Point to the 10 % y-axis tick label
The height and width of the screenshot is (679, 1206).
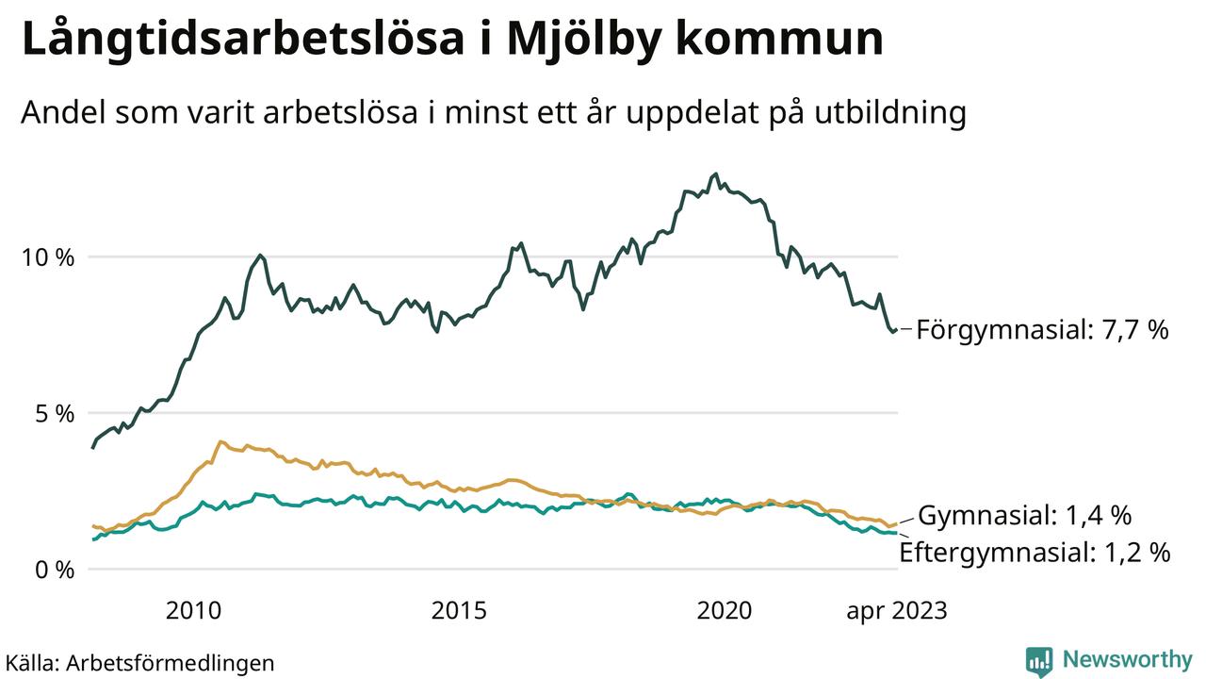pyautogui.click(x=48, y=257)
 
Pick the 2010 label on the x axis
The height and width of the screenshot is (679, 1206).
pyautogui.click(x=193, y=611)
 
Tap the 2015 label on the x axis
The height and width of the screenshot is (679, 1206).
pyautogui.click(x=459, y=611)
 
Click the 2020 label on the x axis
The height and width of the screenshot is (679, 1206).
pyautogui.click(x=725, y=611)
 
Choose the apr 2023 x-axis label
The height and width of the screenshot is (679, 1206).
pyautogui.click(x=896, y=611)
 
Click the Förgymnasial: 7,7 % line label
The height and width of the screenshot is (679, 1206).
pyautogui.click(x=1042, y=330)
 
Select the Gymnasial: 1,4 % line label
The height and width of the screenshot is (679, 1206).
pyautogui.click(x=1024, y=516)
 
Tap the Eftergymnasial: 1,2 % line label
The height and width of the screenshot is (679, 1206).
pyautogui.click(x=1035, y=553)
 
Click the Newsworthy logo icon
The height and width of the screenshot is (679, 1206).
pyautogui.click(x=1039, y=661)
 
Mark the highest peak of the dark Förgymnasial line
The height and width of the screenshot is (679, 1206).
pyautogui.click(x=715, y=174)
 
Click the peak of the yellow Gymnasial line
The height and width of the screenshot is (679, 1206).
pyautogui.click(x=220, y=441)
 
